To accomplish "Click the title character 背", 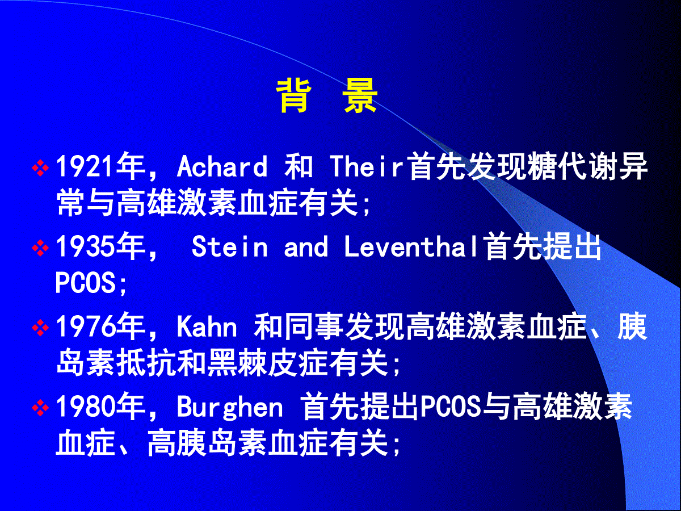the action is [293, 96].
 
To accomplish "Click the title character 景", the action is [360, 96].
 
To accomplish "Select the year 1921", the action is [84, 166].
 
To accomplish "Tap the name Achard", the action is [222, 166].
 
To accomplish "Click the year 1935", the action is [84, 246].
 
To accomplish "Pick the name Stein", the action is [230, 246].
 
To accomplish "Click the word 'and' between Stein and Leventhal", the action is [305, 246].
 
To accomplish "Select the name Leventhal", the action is [414, 246].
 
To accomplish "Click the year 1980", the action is [84, 407].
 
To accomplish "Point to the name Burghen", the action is [230, 407].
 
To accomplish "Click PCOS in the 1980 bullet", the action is [451, 407].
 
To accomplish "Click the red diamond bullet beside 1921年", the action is [40, 167].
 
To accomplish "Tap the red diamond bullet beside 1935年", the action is [40, 248].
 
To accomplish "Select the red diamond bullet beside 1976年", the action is [40, 328].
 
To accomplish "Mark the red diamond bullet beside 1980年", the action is [40, 408].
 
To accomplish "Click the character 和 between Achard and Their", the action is [299, 166].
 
